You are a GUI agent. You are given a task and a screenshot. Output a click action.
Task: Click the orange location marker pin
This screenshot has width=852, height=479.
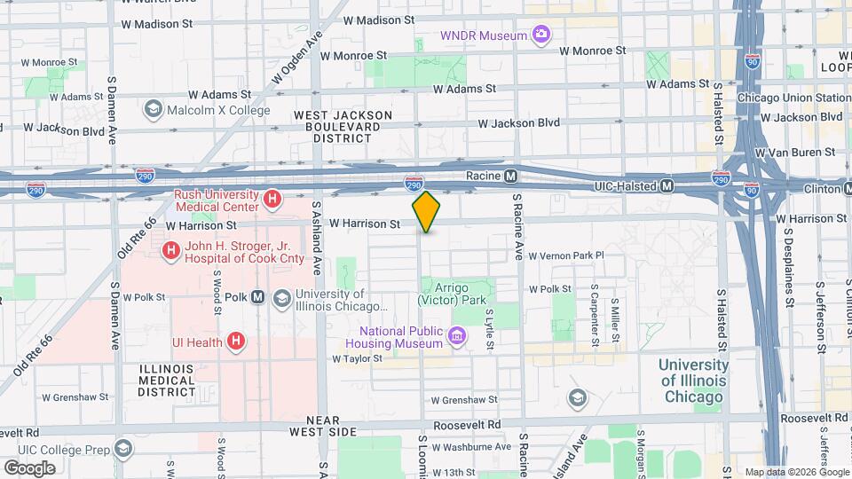(x=426, y=212)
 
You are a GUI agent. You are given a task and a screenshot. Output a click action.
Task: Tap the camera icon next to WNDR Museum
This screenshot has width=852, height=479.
(x=540, y=35)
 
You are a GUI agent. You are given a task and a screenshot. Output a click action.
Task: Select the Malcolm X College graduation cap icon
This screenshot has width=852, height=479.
(x=154, y=109)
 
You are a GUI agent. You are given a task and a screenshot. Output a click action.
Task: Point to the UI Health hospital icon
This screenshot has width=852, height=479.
(x=235, y=341)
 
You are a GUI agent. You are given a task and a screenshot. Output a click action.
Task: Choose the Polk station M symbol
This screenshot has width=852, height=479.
(x=258, y=298)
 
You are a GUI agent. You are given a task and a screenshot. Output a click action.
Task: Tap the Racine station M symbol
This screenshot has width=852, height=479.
(x=511, y=177)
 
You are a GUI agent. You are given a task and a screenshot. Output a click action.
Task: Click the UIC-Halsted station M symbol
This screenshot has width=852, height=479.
(x=667, y=186)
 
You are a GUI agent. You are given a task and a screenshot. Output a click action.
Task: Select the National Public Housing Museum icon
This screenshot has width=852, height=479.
(x=456, y=336)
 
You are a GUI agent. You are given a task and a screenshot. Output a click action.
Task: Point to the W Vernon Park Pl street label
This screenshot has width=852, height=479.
(x=565, y=255)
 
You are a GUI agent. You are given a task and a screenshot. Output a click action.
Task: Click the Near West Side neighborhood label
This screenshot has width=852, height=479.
(x=319, y=425)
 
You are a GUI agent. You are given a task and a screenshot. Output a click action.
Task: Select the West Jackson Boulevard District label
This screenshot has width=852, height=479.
(x=343, y=126)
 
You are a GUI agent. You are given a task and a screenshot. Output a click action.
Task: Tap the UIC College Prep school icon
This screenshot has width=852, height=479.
(x=122, y=448)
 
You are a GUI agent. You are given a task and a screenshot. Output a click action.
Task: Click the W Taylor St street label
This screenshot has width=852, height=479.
(x=357, y=359)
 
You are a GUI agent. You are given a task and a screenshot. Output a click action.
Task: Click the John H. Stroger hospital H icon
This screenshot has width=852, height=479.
(x=169, y=252)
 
